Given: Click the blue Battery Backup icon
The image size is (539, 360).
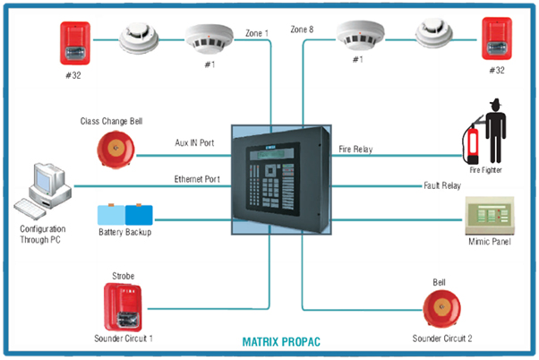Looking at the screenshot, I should pyautogui.click(x=126, y=216).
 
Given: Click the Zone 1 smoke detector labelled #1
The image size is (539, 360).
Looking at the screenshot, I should pyautogui.click(x=206, y=39).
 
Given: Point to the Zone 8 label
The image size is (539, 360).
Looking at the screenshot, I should pyautogui.click(x=303, y=30).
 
